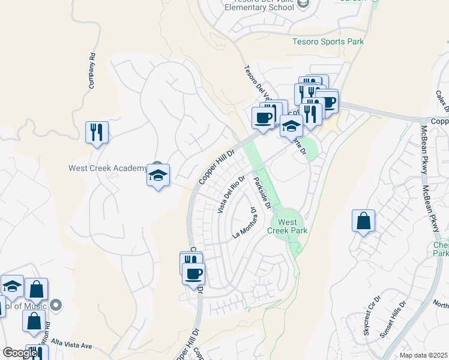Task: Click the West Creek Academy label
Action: (107, 168)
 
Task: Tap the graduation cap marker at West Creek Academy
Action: (158, 176)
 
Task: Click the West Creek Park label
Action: (292, 226)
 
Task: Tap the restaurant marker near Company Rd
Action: (97, 131)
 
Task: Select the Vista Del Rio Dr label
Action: (231, 194)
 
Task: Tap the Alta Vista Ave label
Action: (70, 346)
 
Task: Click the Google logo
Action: (20, 353)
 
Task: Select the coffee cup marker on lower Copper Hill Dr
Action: (193, 274)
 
